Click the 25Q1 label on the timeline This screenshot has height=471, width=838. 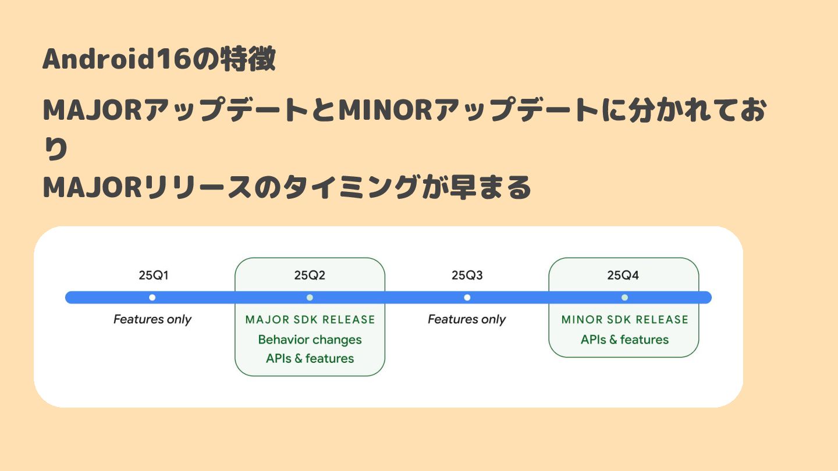pyautogui.click(x=153, y=276)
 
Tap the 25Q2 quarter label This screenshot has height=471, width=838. pyautogui.click(x=310, y=276)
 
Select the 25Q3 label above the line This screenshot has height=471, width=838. pyautogui.click(x=467, y=276)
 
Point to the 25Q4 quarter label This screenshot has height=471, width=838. pyautogui.click(x=623, y=276)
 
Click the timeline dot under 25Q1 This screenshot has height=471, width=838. pyautogui.click(x=152, y=298)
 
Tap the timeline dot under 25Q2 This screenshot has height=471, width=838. pyautogui.click(x=310, y=298)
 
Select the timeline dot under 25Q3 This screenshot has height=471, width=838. pyautogui.click(x=467, y=298)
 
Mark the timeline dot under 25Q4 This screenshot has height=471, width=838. pyautogui.click(x=624, y=298)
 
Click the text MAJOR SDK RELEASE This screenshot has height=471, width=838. pyautogui.click(x=310, y=320)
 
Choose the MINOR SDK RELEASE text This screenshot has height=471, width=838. pyautogui.click(x=624, y=320)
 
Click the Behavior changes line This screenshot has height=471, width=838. pyautogui.click(x=310, y=340)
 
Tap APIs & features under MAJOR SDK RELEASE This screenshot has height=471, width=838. pyautogui.click(x=310, y=358)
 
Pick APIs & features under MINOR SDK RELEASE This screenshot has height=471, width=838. pyautogui.click(x=624, y=340)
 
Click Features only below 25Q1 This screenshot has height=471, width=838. pyautogui.click(x=152, y=319)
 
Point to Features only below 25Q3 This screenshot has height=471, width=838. pyautogui.click(x=467, y=319)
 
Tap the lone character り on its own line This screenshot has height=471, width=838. pyautogui.click(x=56, y=150)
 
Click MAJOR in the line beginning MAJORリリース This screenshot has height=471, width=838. pyautogui.click(x=93, y=188)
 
